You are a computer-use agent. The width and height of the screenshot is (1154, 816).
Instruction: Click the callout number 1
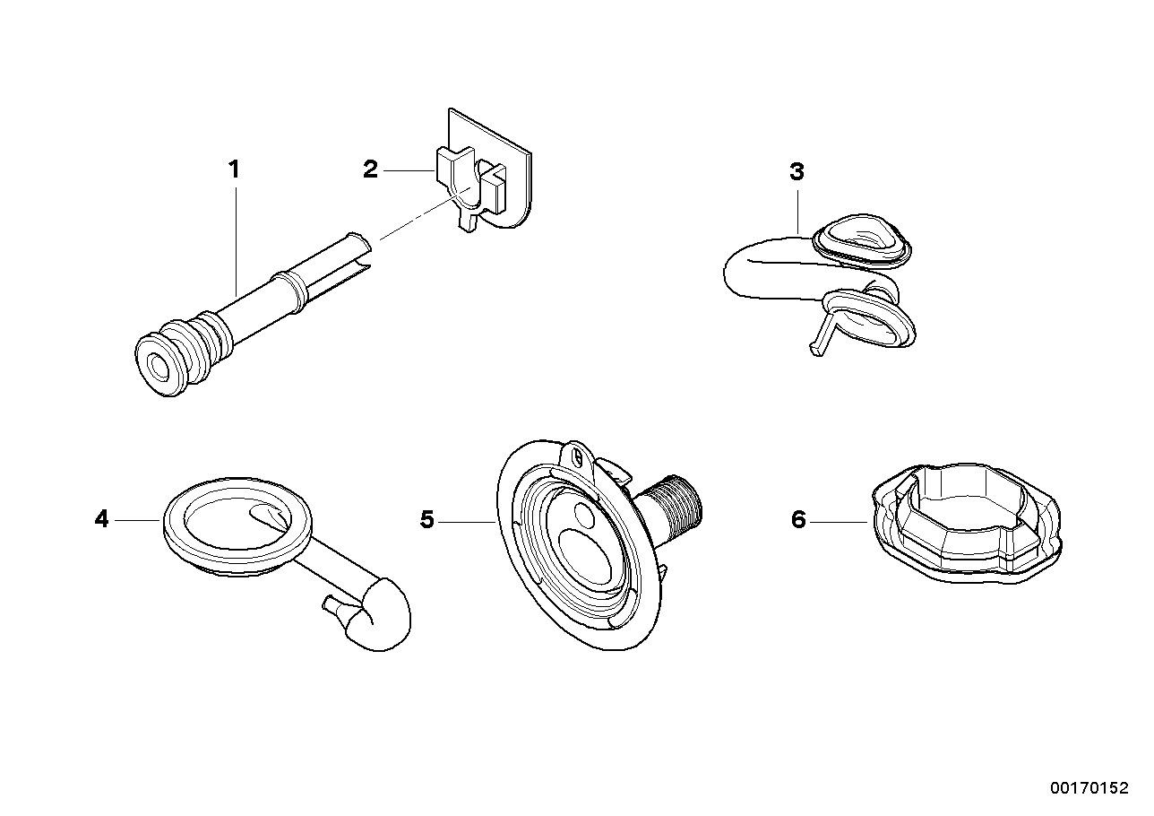(234, 169)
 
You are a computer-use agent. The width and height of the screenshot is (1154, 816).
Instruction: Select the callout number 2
(370, 169)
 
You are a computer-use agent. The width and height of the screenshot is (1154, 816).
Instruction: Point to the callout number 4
(101, 518)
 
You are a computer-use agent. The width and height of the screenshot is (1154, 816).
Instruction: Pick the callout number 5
(427, 519)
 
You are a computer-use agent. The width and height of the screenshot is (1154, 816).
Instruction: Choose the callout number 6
(798, 519)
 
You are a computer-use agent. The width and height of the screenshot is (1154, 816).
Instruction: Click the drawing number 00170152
(1089, 789)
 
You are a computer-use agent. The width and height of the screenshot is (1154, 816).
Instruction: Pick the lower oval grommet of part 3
(869, 319)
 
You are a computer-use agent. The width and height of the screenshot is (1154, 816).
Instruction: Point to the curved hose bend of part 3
(744, 273)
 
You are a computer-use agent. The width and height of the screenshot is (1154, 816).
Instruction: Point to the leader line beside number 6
(840, 519)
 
